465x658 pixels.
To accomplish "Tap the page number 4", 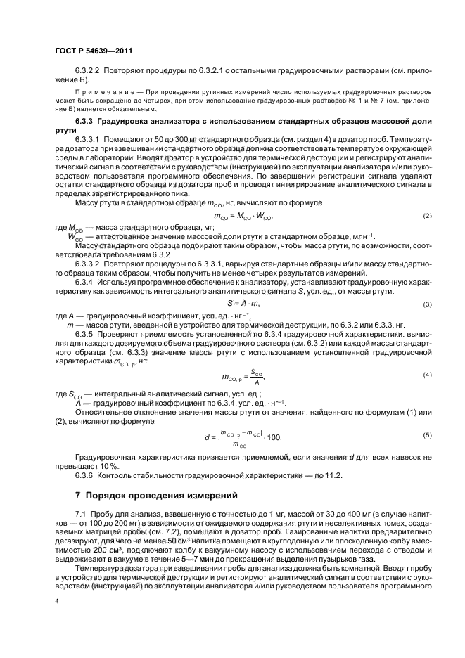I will tap(57, 602).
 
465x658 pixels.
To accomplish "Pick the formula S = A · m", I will tap(242, 302).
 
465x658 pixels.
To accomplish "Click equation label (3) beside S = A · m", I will tap(426, 304).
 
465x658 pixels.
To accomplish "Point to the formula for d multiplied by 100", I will tap(242, 436).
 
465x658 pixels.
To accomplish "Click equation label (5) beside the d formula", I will tap(426, 436).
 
